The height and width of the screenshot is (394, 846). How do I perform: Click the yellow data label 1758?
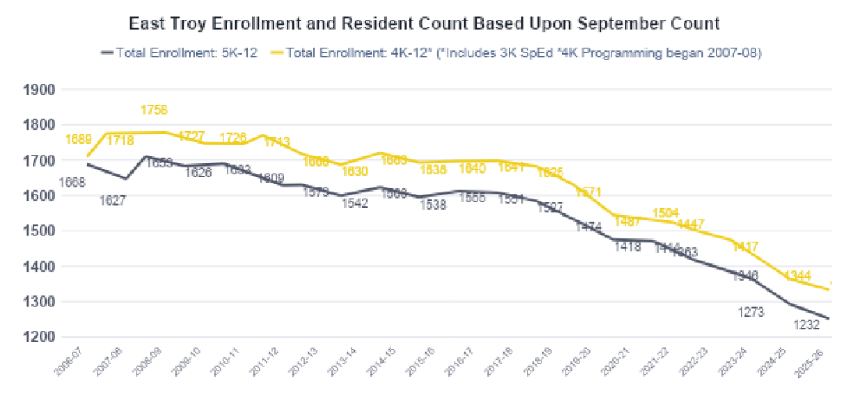pos(154,109)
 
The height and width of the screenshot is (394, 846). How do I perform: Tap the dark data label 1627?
pos(114,200)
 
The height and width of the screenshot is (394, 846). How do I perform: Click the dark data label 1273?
pos(750,312)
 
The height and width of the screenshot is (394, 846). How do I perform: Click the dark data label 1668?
pos(73,183)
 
